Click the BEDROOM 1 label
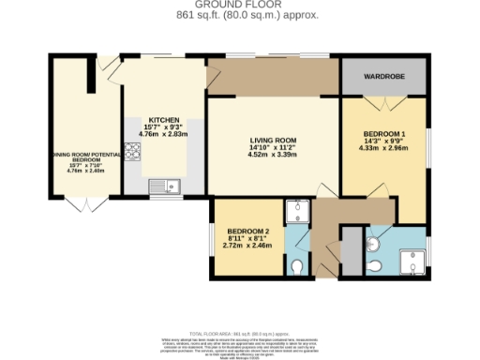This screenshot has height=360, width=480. click(384, 134)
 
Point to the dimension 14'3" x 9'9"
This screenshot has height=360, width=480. click(384, 144)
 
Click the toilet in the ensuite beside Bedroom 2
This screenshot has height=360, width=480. click(298, 266)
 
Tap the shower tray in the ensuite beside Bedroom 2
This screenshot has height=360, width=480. click(298, 212)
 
